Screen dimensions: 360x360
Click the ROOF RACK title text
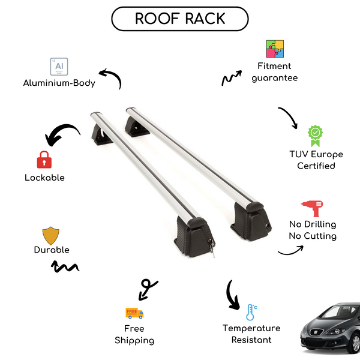pos(180,19)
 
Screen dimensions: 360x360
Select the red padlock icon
pos(43,160)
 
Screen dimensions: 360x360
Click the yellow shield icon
pos(51,235)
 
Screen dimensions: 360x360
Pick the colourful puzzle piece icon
pos(275,49)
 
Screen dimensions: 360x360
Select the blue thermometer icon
pos(251,312)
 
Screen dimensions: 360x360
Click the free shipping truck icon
pos(134,313)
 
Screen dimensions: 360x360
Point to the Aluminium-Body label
pos(59,83)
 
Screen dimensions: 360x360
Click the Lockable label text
pos(44,178)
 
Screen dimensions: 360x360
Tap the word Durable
pos(52,250)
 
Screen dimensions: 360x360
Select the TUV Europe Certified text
pos(316,160)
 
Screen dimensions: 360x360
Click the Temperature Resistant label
pos(251,334)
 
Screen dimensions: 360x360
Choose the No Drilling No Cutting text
pos(312,230)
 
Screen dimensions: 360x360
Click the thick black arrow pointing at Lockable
pos(63,134)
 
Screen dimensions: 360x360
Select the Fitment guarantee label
pos(275,72)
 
